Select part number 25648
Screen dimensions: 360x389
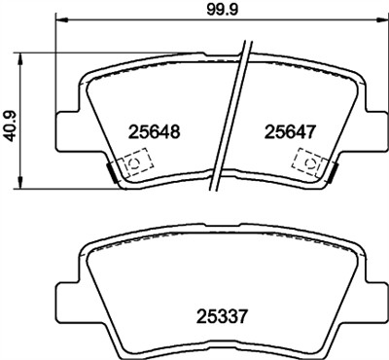click(x=151, y=128)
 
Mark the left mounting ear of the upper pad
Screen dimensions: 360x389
click(x=65, y=127)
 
